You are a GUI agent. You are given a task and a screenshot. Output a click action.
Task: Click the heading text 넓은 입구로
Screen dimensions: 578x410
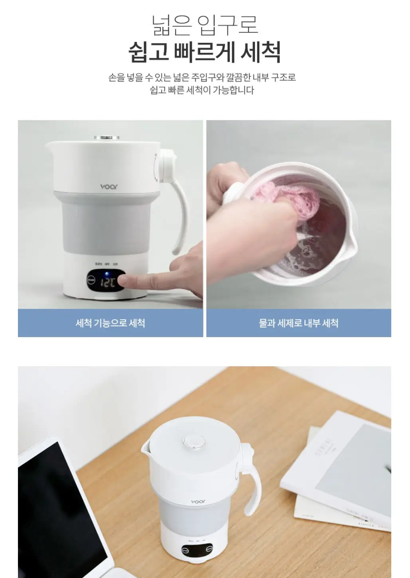point(205,25)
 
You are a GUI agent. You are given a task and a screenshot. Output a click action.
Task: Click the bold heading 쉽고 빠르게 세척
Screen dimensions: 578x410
point(205,52)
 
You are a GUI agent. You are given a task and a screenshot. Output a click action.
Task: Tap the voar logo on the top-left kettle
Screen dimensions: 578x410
point(109,187)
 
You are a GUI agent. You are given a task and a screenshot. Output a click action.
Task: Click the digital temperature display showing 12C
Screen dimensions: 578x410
point(107,283)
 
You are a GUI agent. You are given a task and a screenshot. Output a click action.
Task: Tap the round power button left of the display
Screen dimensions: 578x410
point(91,281)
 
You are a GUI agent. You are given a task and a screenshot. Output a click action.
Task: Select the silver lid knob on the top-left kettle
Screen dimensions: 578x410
point(107,138)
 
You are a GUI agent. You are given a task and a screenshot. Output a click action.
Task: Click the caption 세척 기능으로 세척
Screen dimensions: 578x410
point(110,323)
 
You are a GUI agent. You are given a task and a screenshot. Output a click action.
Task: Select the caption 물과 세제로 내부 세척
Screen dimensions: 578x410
point(298,323)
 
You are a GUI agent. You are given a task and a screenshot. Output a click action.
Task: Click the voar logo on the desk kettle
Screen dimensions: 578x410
point(198,501)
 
